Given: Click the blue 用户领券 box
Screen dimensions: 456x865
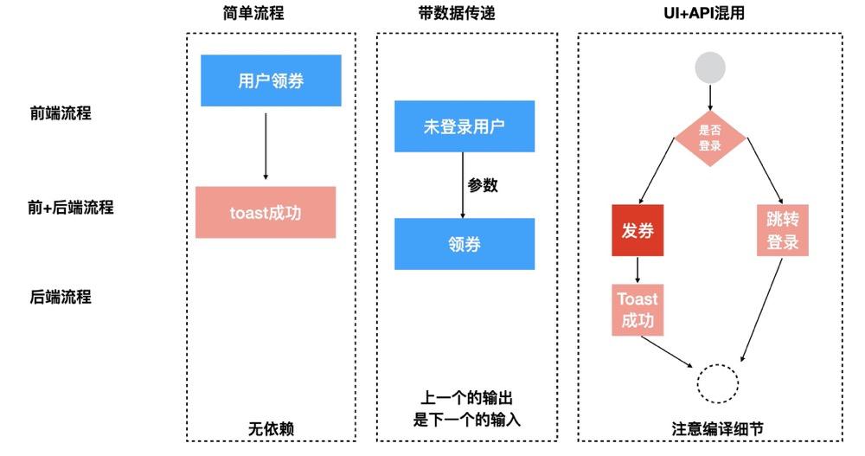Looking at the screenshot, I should (271, 80).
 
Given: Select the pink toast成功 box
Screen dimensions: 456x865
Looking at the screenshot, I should (266, 212).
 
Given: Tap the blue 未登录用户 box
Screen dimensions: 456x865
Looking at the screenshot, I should (464, 126).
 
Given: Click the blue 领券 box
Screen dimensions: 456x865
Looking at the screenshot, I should (464, 244).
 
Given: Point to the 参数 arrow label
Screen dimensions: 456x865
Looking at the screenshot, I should (483, 185).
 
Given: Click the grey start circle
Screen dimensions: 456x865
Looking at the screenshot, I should (710, 67).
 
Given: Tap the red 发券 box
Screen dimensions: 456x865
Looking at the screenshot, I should (638, 230).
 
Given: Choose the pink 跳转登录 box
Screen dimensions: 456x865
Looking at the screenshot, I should (782, 230).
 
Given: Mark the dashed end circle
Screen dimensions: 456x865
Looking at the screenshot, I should (718, 382).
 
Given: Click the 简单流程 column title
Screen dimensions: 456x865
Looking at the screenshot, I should (253, 13).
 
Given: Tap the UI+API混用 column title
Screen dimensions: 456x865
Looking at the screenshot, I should (709, 13).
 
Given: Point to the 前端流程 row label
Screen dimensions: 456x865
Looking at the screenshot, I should (61, 112).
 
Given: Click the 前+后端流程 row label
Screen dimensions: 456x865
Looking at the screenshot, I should (70, 208).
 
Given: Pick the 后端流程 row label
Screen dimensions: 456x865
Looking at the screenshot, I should (61, 297).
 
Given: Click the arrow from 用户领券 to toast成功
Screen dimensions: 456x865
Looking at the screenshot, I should (266, 146).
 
